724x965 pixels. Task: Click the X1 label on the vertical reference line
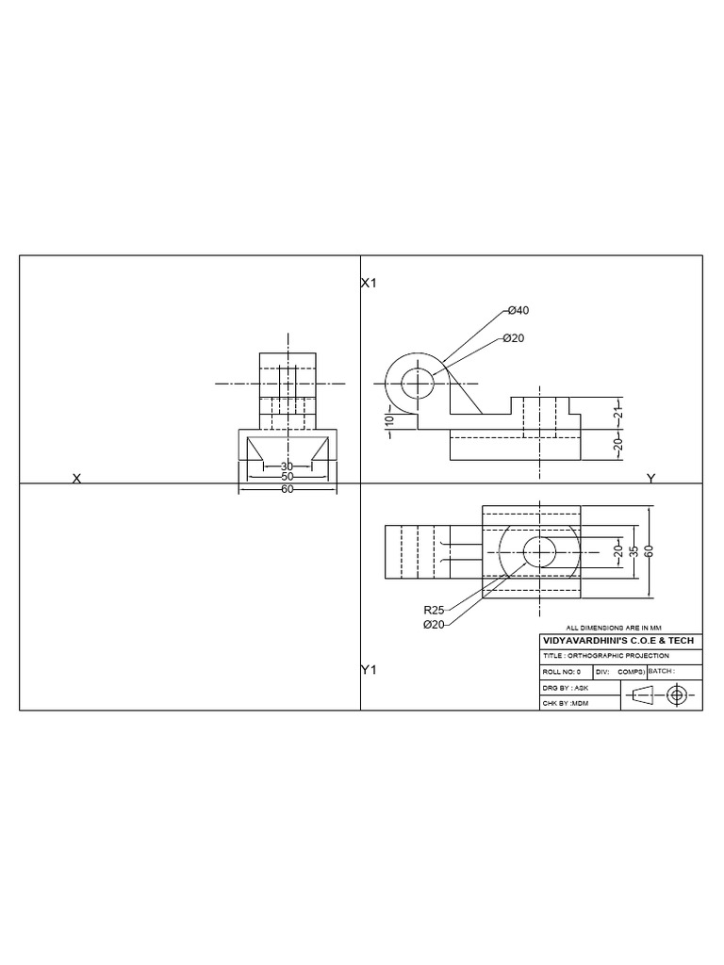pos(369,283)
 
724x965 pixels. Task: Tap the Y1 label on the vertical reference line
pos(369,670)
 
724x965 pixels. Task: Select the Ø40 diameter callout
pos(518,311)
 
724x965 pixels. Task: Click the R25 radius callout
pos(435,610)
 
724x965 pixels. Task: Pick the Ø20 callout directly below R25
pos(435,624)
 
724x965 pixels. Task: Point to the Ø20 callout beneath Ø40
pos(513,337)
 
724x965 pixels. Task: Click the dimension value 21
pos(618,414)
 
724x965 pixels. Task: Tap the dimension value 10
pos(388,420)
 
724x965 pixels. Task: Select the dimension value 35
pos(634,550)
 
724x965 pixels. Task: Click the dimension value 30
pos(287,466)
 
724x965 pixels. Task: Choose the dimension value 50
pos(287,477)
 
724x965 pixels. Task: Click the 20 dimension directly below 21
pos(618,445)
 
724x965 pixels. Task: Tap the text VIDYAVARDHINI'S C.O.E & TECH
pos(618,641)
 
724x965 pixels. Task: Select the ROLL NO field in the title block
pos(562,672)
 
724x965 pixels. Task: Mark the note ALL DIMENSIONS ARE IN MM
pos(614,628)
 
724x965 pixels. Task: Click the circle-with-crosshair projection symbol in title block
pos(676,695)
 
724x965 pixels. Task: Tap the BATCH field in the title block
pos(663,672)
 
